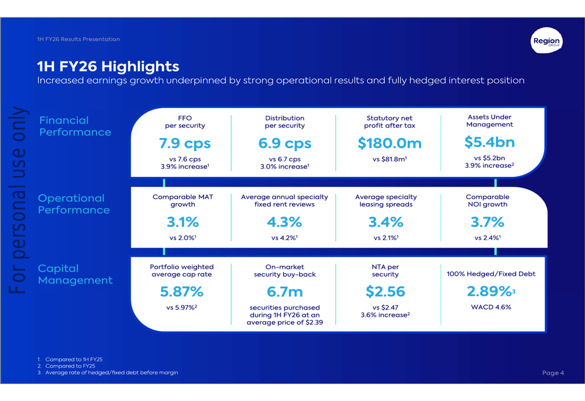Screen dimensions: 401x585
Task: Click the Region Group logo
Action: pyautogui.click(x=546, y=42)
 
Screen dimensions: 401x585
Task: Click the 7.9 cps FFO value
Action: pyautogui.click(x=185, y=143)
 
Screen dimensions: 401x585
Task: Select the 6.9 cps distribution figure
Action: pyautogui.click(x=285, y=143)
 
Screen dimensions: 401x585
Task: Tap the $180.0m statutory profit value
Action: pyautogui.click(x=390, y=143)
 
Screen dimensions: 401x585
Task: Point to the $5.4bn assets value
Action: pyautogui.click(x=489, y=142)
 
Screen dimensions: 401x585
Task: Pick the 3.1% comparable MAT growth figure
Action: pyautogui.click(x=183, y=222)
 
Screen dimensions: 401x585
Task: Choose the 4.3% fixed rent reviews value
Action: pyautogui.click(x=284, y=222)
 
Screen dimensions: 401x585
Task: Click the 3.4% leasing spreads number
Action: pyautogui.click(x=386, y=222)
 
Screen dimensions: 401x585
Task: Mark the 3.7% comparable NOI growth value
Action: pyautogui.click(x=487, y=222)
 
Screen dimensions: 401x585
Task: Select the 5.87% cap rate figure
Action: pyautogui.click(x=181, y=292)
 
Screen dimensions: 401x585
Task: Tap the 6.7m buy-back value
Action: pyautogui.click(x=285, y=292)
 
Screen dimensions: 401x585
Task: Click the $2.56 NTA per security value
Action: pyautogui.click(x=385, y=292)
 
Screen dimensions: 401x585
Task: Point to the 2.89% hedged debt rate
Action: pyautogui.click(x=489, y=292)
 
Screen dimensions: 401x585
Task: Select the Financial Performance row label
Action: pyautogui.click(x=75, y=126)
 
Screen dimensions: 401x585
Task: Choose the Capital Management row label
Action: pyautogui.click(x=75, y=275)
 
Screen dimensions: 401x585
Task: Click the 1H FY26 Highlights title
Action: pyautogui.click(x=108, y=66)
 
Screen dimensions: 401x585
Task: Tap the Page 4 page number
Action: pyautogui.click(x=553, y=373)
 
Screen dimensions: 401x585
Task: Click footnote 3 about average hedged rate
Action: pyautogui.click(x=111, y=373)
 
